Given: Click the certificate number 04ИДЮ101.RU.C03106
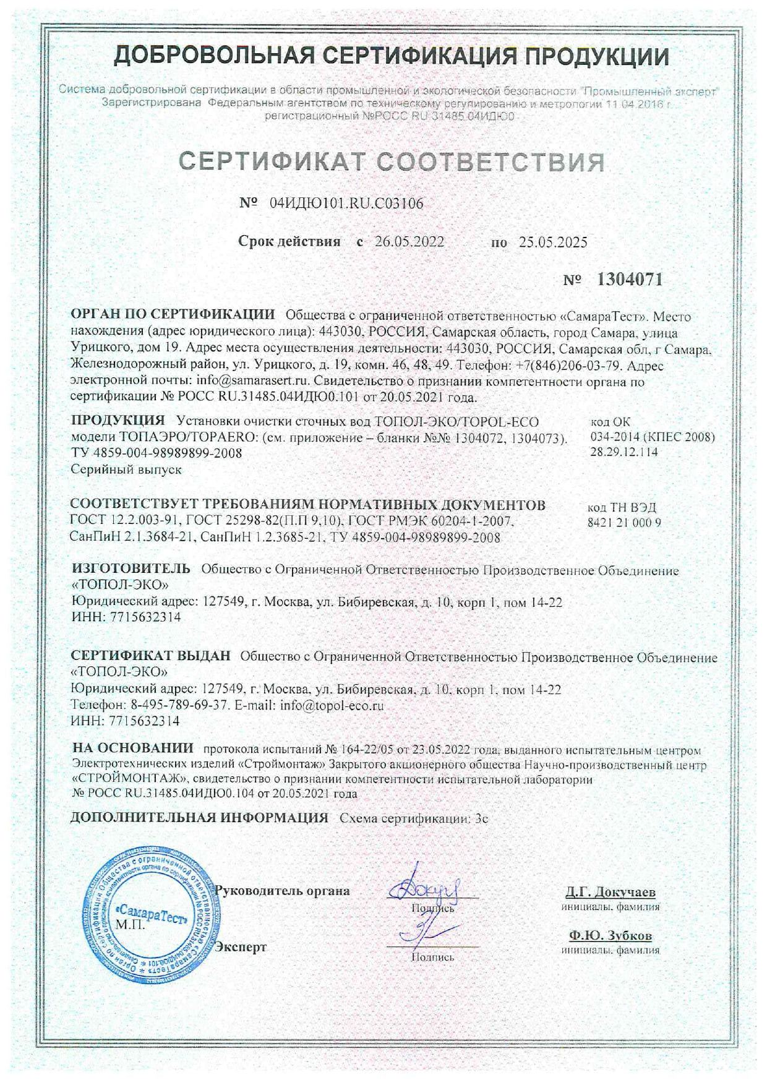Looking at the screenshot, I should [x=347, y=203].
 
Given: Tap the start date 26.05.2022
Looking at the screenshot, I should [x=409, y=242].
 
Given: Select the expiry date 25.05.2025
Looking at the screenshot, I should [x=553, y=242].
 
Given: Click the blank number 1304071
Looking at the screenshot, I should [x=629, y=280].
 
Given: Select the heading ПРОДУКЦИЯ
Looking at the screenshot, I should [x=118, y=421].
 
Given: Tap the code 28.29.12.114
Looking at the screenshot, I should [x=625, y=452].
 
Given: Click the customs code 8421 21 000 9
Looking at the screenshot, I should [x=624, y=523].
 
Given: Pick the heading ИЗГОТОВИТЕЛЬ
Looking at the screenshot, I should [x=131, y=569].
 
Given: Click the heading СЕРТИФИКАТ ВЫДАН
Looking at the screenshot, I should [x=150, y=656].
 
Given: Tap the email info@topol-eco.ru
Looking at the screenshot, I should [x=332, y=705].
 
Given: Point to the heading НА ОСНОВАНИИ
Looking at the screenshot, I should [x=132, y=748].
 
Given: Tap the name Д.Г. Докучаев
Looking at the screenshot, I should [x=610, y=892].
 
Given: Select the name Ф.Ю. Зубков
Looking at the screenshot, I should [x=611, y=935].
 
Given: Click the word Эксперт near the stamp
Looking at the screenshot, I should [x=241, y=946].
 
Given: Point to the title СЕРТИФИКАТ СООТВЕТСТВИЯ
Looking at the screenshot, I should [x=392, y=161].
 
